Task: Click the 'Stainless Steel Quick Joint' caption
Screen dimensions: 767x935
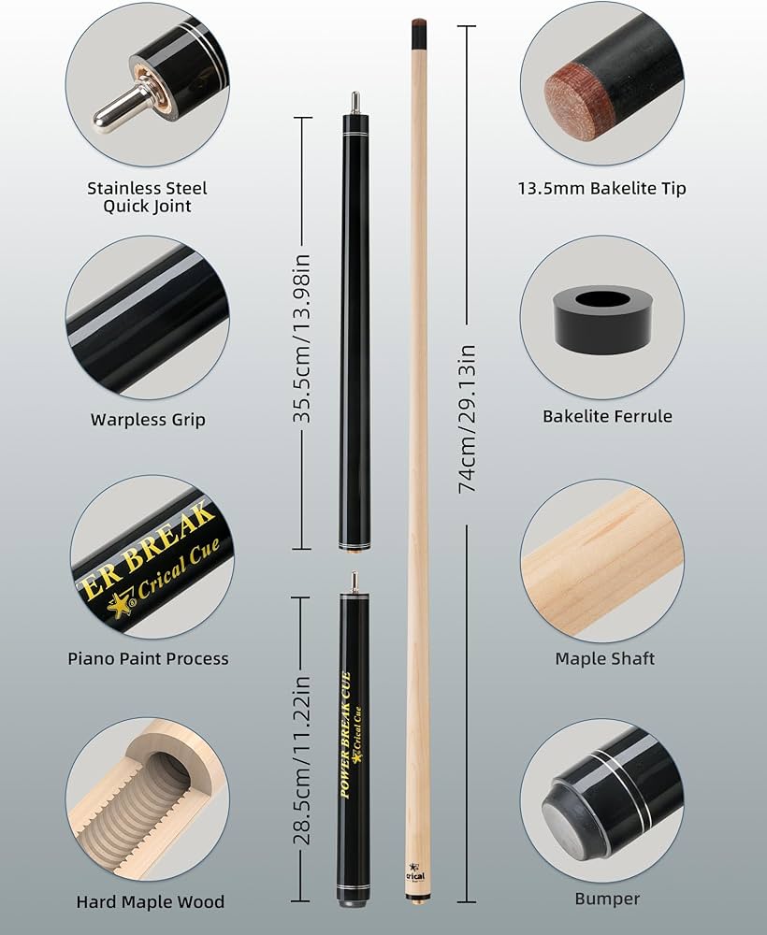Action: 147,196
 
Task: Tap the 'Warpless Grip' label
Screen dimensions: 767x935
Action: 148,420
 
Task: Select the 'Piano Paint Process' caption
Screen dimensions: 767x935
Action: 148,658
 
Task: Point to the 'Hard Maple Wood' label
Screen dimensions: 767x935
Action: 151,901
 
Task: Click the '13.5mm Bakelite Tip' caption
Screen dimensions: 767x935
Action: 601,189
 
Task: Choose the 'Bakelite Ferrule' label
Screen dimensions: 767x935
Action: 607,416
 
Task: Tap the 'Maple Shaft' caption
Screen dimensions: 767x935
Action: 605,658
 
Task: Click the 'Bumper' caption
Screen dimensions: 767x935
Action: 607,899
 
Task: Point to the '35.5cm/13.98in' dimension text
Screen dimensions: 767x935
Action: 302,338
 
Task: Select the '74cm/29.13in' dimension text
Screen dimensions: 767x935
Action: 467,419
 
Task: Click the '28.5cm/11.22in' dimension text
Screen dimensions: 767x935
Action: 302,759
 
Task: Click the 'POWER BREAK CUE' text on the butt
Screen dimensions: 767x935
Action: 345,734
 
